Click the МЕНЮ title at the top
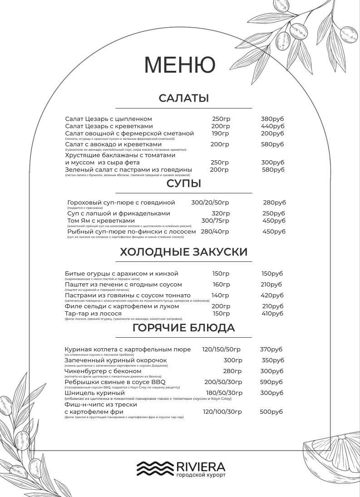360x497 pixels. coord(180,65)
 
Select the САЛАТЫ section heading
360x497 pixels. coord(183,98)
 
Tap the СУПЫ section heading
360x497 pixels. coord(183,183)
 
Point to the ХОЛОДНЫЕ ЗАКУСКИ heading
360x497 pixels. coord(183,252)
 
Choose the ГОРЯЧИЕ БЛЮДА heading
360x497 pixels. coord(183,328)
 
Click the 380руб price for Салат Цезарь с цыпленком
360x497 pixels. coord(272,119)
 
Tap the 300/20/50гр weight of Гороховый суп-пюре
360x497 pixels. coord(210,202)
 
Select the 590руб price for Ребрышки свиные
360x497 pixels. coord(271,382)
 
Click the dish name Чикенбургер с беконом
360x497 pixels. coord(103,371)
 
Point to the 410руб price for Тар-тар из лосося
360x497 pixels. coord(272,314)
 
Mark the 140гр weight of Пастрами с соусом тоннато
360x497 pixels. coord(221,295)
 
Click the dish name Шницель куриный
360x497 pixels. coord(94,393)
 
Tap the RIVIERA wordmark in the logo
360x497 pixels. coord(200,467)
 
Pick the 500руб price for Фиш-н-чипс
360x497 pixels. coord(271,412)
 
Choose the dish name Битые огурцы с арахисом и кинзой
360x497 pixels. coord(121,274)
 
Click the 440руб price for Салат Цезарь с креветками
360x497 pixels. coord(272,126)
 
